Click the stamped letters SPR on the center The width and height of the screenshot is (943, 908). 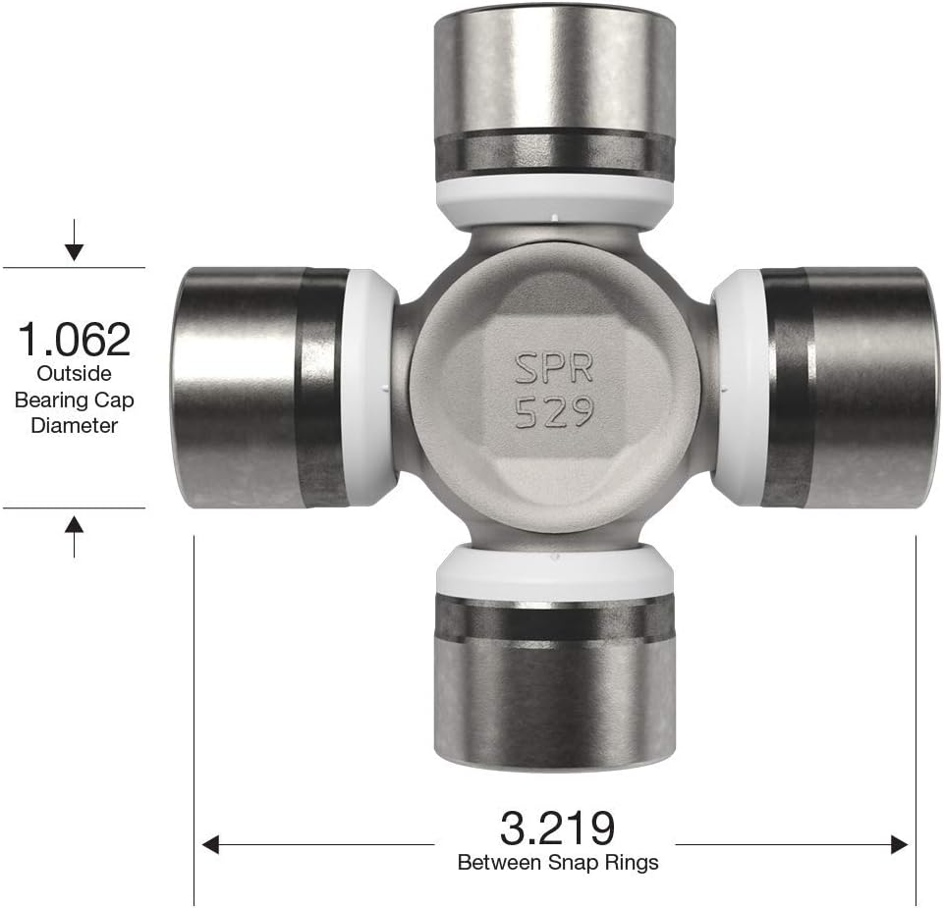pos(554,369)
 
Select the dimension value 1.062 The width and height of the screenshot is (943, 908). pos(75,340)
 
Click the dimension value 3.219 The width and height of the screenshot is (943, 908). pos(556,828)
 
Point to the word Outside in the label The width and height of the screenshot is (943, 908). pos(75,374)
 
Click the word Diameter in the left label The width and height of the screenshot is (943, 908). pos(75,425)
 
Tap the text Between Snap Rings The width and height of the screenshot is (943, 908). pos(557,863)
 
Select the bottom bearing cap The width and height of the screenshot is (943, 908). pos(554,687)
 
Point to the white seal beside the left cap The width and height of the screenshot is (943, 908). pos(371,387)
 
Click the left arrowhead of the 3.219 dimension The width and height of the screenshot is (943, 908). pos(210,844)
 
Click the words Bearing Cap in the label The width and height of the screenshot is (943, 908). pos(75,400)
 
